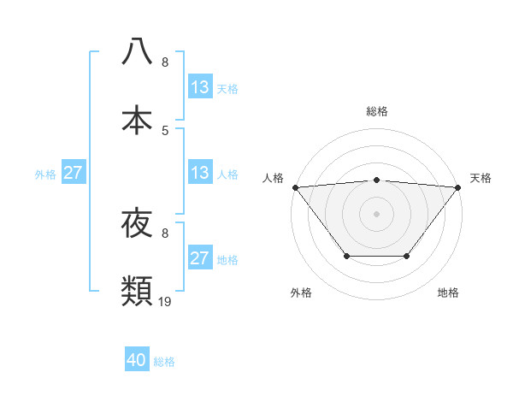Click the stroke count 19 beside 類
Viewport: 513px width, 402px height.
[x=165, y=301]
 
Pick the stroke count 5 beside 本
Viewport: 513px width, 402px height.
[x=165, y=130]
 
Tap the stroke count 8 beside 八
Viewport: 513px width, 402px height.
[x=165, y=62]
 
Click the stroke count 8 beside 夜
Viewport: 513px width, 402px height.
[x=165, y=233]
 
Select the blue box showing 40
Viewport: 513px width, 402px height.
[x=137, y=361]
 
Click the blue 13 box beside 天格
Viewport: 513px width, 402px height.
[x=200, y=87]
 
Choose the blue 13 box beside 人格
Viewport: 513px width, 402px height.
[x=200, y=173]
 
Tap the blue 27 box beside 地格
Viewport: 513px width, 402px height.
[x=200, y=258]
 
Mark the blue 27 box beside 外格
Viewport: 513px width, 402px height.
[x=74, y=173]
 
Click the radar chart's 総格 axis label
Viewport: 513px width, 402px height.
[x=376, y=111]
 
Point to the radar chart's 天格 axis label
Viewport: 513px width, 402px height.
[x=481, y=178]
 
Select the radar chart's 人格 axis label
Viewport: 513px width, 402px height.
[x=273, y=178]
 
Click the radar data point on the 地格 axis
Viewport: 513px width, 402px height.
[x=407, y=256]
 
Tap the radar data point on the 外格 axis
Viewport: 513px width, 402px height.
[x=346, y=256]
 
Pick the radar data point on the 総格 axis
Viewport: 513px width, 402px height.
[x=376, y=180]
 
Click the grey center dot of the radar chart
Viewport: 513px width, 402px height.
[x=376, y=213]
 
